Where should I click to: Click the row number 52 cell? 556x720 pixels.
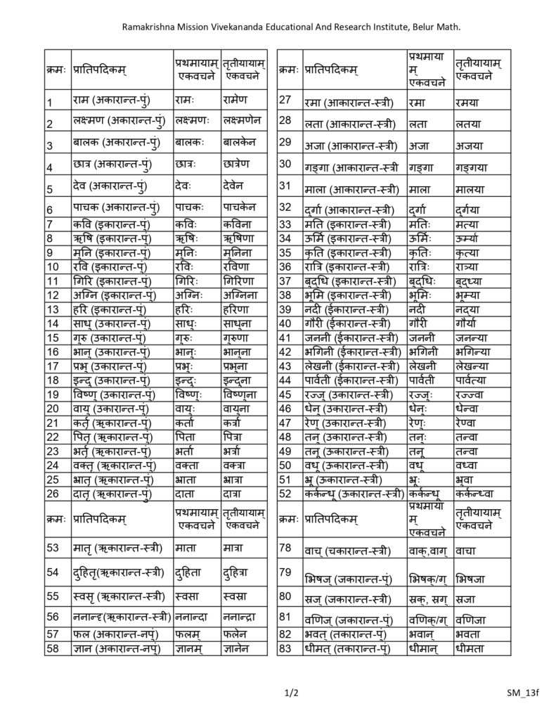285,494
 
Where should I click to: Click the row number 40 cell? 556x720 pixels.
285,323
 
